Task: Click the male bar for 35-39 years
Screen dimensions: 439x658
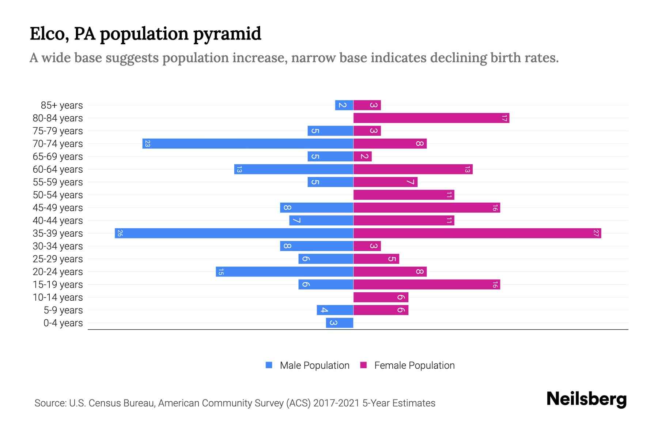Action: [x=234, y=233]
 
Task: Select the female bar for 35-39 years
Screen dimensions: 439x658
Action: [x=477, y=233]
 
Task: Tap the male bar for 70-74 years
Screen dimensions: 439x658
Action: [x=248, y=143]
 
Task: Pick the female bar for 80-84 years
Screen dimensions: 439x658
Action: [x=431, y=118]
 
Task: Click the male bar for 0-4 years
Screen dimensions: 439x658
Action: [x=340, y=323]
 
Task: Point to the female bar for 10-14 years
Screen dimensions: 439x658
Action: [x=381, y=297]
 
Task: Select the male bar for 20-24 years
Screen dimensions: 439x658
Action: [x=284, y=271]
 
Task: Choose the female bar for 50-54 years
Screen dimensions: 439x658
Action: [x=404, y=195]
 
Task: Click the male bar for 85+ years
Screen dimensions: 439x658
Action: [x=344, y=105]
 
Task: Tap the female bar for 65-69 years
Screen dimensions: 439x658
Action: [x=363, y=156]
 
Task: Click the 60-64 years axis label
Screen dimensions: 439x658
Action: [x=58, y=169]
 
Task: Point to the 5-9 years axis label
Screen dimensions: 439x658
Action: [x=63, y=310]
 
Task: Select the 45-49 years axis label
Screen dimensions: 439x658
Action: [x=58, y=208]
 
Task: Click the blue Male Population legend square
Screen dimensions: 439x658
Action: [x=269, y=365]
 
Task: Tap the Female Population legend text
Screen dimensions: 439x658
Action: [x=414, y=365]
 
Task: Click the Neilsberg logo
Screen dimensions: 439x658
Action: [x=586, y=399]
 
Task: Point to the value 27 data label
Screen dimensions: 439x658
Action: [x=596, y=233]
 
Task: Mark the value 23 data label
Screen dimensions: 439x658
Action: [x=147, y=143]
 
